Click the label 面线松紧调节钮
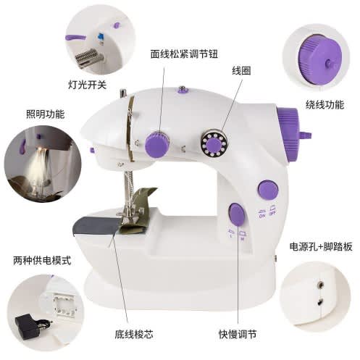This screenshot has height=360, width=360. tap(184, 54)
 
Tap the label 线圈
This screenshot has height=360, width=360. tap(241, 71)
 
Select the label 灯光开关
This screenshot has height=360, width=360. tap(87, 85)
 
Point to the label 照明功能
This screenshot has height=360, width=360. tap(46, 114)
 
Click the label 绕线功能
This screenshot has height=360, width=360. tap(325, 105)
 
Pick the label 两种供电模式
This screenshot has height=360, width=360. tap(42, 261)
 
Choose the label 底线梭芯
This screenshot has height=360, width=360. tap(134, 335)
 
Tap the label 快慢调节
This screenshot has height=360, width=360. tap(238, 335)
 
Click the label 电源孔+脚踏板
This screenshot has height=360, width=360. tap(321, 246)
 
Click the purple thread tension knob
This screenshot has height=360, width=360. tap(157, 145)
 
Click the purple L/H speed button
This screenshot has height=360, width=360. tap(237, 214)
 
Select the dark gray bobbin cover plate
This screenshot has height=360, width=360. tap(96, 225)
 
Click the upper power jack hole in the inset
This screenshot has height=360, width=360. tap(320, 284)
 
